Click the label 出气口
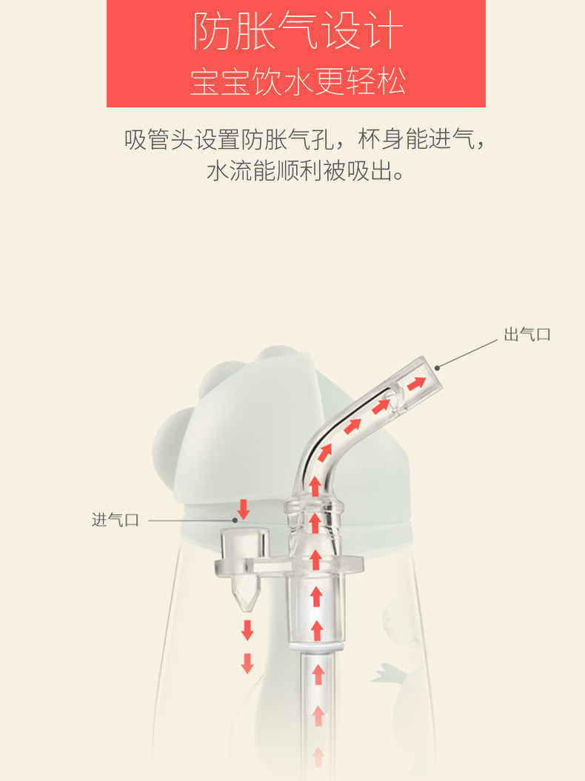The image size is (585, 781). click(527, 335)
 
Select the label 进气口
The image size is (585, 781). click(116, 520)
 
